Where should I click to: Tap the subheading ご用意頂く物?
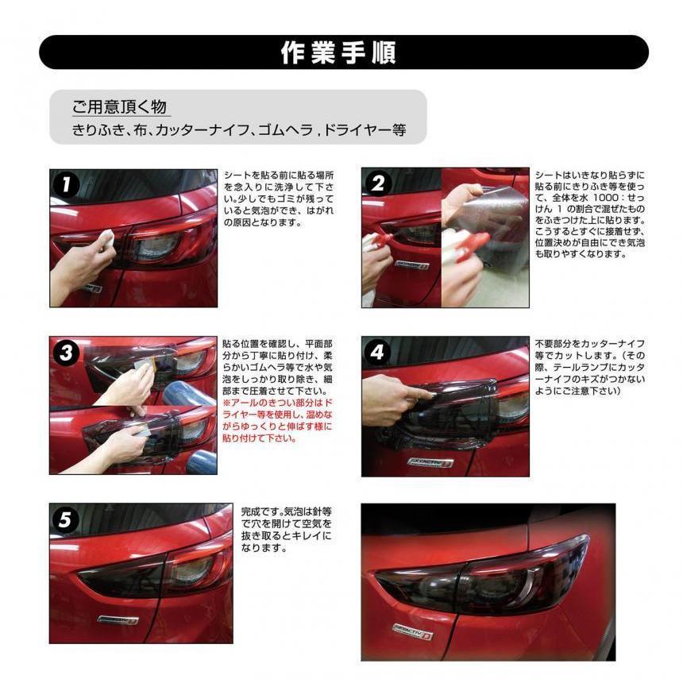click(x=119, y=106)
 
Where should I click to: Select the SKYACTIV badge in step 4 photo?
click(x=430, y=461)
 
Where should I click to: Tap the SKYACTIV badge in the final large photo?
click(x=411, y=631)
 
